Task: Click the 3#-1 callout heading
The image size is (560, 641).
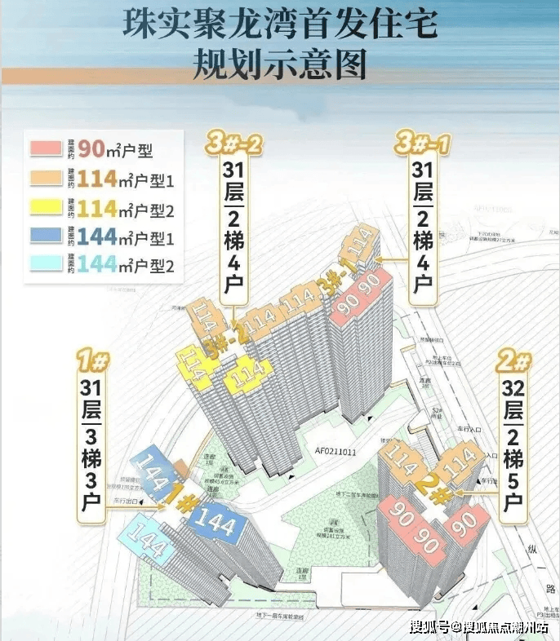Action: coord(423,144)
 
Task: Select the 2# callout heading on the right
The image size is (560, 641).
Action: coord(513,360)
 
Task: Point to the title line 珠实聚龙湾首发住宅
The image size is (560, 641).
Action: coord(279,24)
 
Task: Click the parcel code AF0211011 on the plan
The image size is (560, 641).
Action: coord(312,448)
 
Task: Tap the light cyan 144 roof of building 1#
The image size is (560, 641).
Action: coord(145,542)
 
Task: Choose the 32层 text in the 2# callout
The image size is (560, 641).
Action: coord(513,396)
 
